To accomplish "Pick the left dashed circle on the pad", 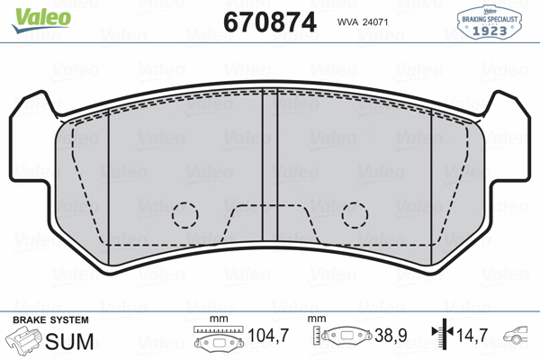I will [x=184, y=214].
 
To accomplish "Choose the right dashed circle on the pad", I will [x=355, y=214].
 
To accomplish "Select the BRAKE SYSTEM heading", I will [x=49, y=320].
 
